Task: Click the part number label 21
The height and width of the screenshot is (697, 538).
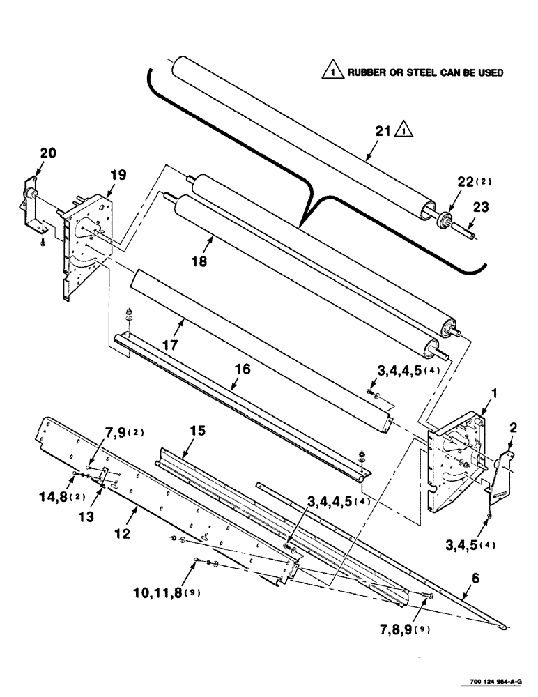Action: coord(383,131)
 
